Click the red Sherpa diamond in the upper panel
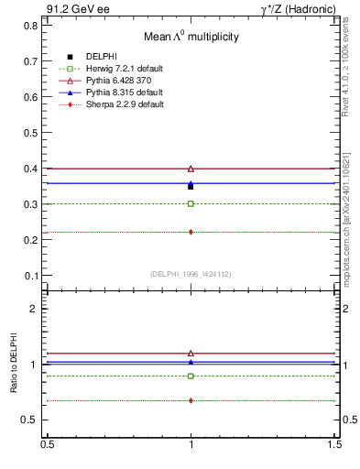tap(191, 232)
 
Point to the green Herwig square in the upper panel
tap(191, 203)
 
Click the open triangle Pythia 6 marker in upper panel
tap(191, 169)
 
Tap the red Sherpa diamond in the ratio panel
tap(191, 400)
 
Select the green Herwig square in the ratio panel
tap(191, 376)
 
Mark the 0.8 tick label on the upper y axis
tap(30, 26)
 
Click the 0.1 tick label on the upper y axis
tap(30, 276)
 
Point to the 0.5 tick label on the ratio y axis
tap(30, 420)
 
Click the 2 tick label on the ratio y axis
tap(35, 309)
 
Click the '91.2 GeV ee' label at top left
tap(76, 9)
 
